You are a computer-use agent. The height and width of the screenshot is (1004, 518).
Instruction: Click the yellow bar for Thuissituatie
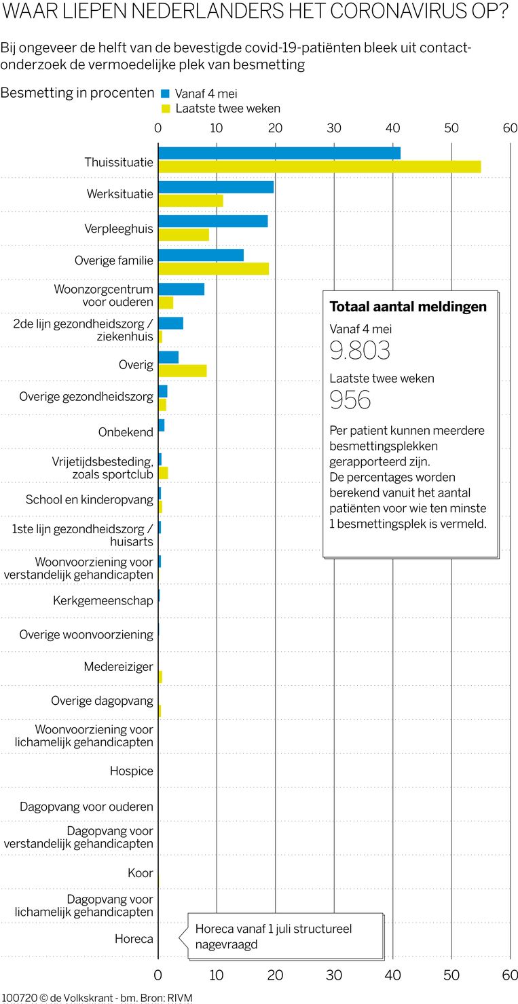pos(319,166)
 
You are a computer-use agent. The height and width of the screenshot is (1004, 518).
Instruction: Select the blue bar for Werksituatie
pos(216,187)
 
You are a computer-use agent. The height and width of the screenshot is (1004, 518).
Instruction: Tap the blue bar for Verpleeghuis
pos(212,221)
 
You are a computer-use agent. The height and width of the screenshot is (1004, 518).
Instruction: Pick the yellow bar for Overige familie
pos(213,269)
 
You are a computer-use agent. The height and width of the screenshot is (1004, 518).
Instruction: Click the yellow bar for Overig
pos(182,370)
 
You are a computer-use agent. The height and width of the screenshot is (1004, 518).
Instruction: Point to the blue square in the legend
pos(165,94)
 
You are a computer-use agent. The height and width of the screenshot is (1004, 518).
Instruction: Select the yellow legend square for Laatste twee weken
pos(165,109)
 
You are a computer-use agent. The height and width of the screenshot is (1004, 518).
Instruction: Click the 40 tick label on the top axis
pos(392,128)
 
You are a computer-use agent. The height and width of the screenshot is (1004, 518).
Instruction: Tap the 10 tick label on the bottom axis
pos(217,975)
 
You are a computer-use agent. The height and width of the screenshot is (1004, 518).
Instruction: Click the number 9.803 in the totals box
pos(360,350)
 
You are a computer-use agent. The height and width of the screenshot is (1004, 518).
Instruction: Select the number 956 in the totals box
pos(350,400)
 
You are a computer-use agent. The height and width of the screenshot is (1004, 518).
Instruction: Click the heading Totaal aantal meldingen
pos(407,307)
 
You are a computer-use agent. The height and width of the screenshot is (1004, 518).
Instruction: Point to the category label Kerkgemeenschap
pos(103,601)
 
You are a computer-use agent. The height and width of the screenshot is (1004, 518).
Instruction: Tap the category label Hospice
pos(132,771)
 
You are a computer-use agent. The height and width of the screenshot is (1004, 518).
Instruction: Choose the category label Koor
pos(141,873)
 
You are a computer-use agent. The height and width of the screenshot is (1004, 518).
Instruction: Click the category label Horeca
pos(134,940)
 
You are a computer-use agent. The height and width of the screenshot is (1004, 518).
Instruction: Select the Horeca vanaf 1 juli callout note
pos(285,936)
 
